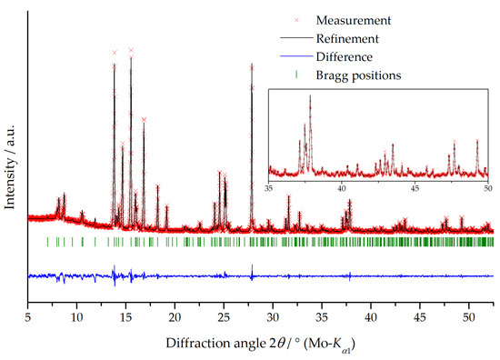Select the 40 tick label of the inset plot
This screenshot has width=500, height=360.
coord(342,189)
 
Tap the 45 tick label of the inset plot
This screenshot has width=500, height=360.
coord(415,189)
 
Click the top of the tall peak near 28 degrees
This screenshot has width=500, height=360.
coord(252,65)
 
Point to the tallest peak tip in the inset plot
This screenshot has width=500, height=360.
coord(310,95)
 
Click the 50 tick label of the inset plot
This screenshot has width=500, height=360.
coord(486,189)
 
